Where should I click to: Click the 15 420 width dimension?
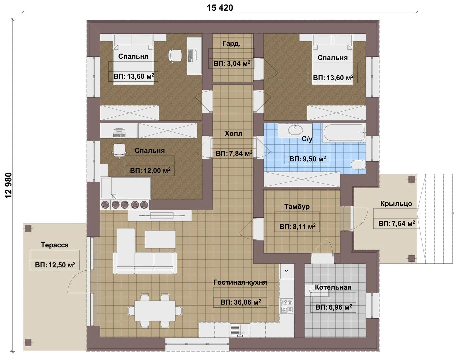pos(220,8)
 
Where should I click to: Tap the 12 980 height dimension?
pos(9,186)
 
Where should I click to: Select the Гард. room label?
pos(231,44)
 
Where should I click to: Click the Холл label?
pos(233,133)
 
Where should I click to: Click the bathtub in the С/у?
pos(344,133)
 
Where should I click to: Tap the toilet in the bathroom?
pos(358,165)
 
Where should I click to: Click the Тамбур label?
pos(297,206)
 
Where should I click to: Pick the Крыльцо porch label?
pos(396,203)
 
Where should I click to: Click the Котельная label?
pos(333,287)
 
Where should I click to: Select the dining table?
pos(155,311)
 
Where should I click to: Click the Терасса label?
pos(55,245)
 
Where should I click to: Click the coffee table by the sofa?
pos(160,239)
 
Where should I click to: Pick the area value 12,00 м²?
pos(150,170)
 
